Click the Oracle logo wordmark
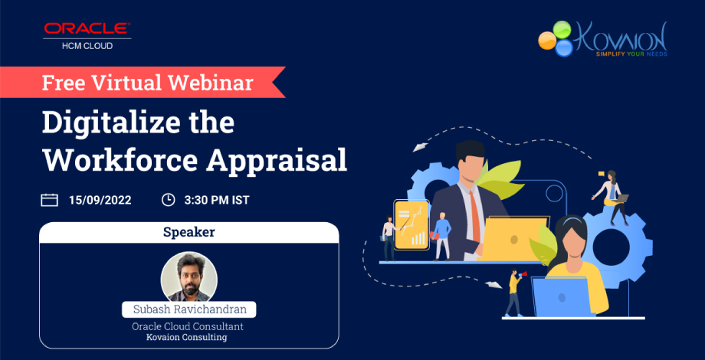(87, 29)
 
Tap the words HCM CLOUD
(87, 46)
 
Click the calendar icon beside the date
(49, 200)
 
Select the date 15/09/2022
(100, 200)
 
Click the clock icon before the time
(168, 200)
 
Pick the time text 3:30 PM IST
(217, 200)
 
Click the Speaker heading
(189, 231)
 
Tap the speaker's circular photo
(189, 277)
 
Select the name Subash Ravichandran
(189, 310)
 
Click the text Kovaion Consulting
(189, 337)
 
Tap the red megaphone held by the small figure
(519, 273)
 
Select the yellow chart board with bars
(411, 223)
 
